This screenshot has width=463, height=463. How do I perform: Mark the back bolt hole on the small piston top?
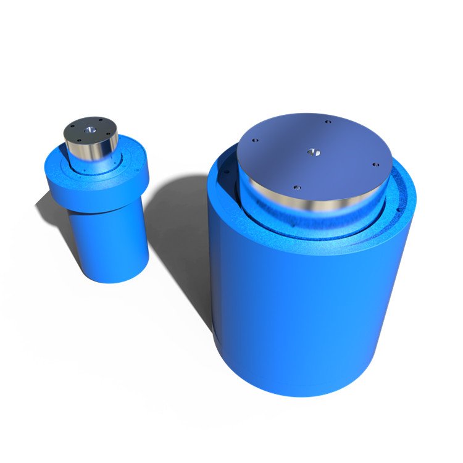click(x=99, y=121)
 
